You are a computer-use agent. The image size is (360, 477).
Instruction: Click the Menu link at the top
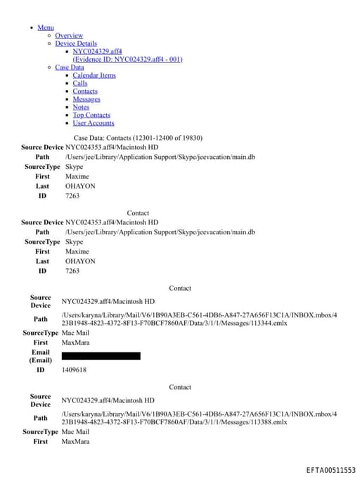click(x=46, y=27)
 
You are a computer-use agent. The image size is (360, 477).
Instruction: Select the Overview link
click(x=69, y=35)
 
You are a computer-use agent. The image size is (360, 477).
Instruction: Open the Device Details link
click(x=76, y=44)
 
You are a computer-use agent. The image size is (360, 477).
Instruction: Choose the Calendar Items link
click(x=94, y=75)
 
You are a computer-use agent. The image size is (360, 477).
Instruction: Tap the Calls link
click(x=80, y=83)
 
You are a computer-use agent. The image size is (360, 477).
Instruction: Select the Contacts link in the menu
click(x=85, y=91)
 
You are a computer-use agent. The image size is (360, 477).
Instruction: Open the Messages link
click(x=86, y=99)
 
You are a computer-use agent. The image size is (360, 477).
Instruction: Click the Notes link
click(x=81, y=107)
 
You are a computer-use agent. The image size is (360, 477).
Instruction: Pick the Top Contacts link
click(x=91, y=115)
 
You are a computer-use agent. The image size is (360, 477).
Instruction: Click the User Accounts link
click(x=94, y=123)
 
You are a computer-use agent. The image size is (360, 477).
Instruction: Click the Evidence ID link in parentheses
click(x=127, y=59)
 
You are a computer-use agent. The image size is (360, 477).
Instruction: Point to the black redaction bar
click(x=101, y=356)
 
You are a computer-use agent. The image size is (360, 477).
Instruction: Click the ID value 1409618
click(x=74, y=369)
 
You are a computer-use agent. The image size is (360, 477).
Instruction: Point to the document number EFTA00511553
click(x=330, y=470)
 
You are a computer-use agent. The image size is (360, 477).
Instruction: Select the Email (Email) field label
click(x=41, y=356)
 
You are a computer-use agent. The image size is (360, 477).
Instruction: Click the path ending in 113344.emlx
click(x=199, y=319)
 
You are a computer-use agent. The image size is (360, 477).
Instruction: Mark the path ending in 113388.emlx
click(x=199, y=419)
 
